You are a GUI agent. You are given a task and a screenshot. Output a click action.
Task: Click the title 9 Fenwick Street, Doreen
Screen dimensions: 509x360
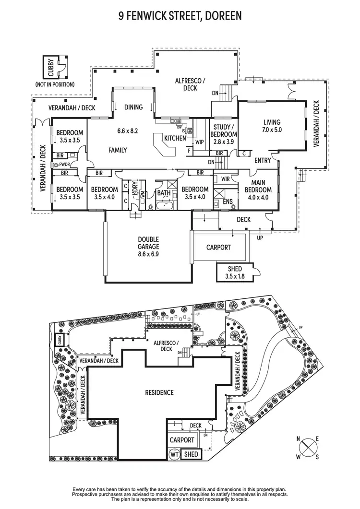pos(180,16)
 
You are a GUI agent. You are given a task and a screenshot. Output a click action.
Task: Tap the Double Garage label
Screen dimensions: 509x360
pos(148,244)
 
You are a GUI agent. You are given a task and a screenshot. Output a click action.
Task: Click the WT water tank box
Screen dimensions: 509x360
pos(174,453)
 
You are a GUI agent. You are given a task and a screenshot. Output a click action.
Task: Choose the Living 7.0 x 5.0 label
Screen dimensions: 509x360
pos(271,126)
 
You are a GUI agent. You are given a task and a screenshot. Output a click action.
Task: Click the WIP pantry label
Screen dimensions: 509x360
pos(199,142)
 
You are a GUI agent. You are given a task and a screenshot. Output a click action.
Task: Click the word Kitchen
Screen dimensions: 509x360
pos(175,138)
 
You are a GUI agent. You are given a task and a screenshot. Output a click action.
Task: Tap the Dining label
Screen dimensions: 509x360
pos(133,107)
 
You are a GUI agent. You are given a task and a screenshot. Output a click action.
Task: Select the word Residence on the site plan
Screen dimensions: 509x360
pos(159,392)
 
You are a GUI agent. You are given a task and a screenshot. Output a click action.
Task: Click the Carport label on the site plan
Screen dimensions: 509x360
pos(182,439)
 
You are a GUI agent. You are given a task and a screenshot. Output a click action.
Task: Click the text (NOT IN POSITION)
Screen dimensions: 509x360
pos(55,84)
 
